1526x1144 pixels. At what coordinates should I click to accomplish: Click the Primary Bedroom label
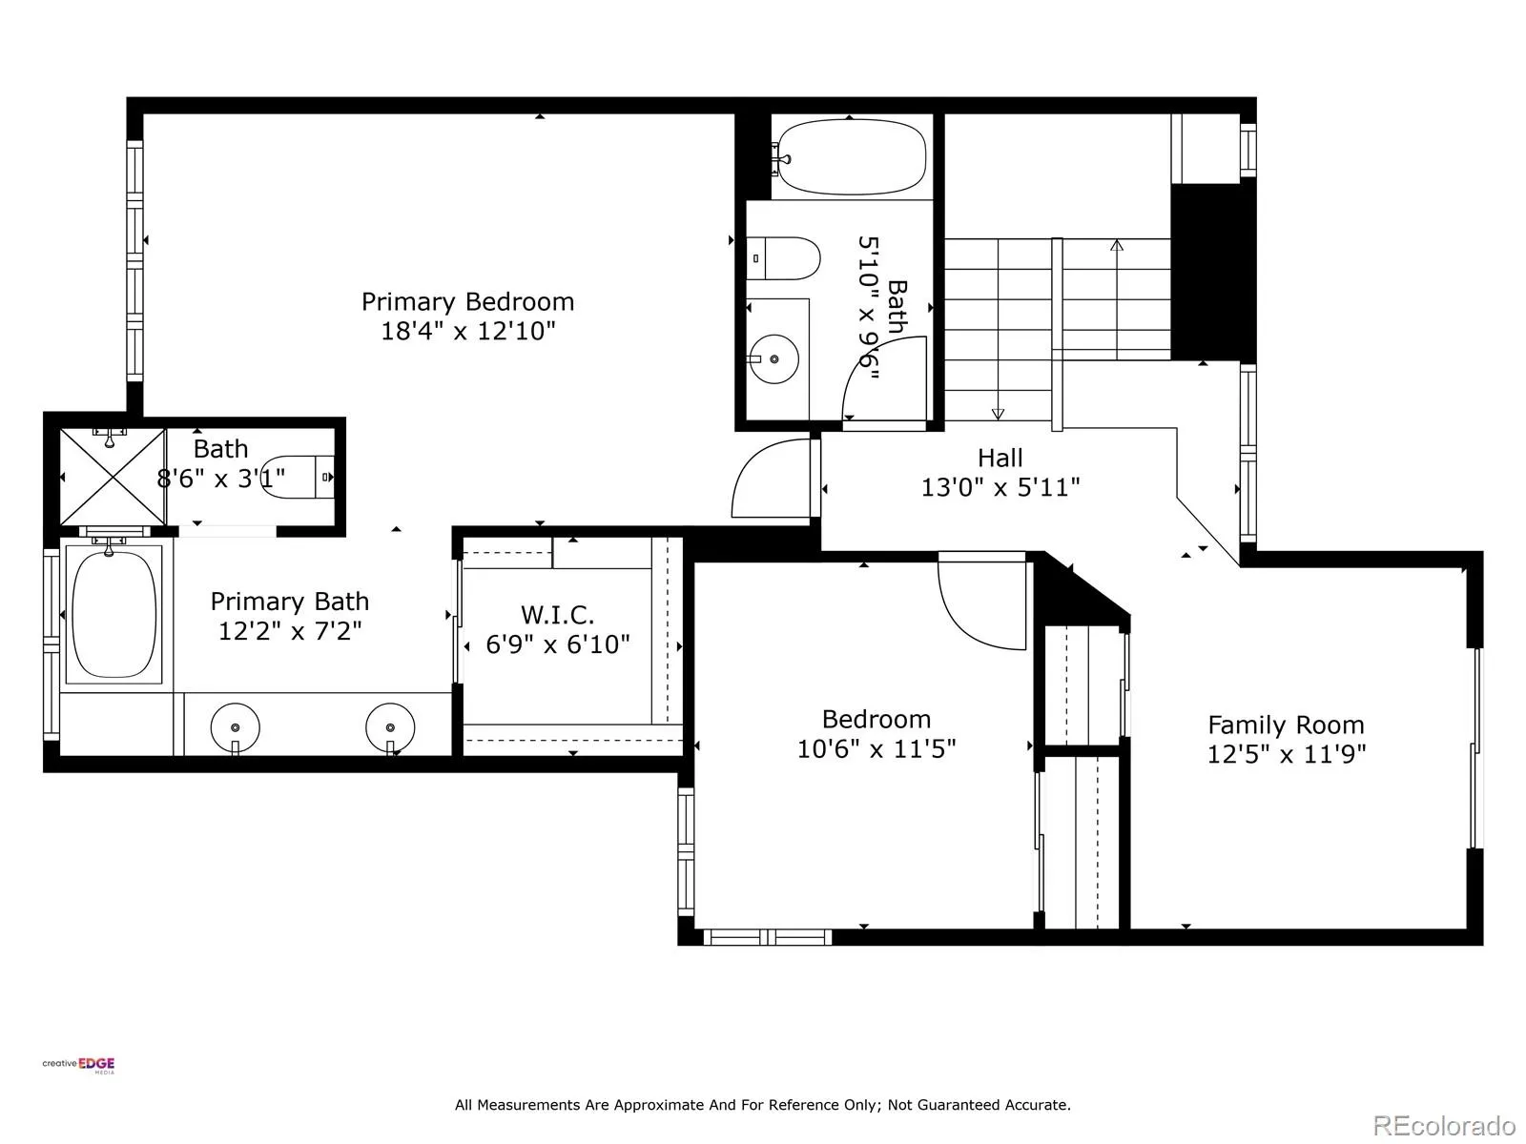pyautogui.click(x=467, y=301)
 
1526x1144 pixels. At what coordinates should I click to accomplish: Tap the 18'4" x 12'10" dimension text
pyautogui.click(x=467, y=331)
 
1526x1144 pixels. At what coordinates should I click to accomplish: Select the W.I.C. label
pyautogui.click(x=557, y=614)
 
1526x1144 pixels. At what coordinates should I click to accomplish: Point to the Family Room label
pyautogui.click(x=1286, y=725)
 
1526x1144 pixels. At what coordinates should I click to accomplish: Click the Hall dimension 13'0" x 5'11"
pyautogui.click(x=1000, y=487)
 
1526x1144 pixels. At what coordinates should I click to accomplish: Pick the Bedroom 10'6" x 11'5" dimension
pyautogui.click(x=876, y=748)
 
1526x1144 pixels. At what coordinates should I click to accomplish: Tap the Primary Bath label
pyautogui.click(x=289, y=601)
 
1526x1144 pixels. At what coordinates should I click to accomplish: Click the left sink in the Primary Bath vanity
pyautogui.click(x=235, y=728)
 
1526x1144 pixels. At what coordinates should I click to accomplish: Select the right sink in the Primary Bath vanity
pyautogui.click(x=390, y=728)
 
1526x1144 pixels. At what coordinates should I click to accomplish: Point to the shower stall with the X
pyautogui.click(x=113, y=477)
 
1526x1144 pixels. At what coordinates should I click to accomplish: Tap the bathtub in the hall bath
pyautogui.click(x=851, y=157)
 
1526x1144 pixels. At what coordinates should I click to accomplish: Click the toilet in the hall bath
pyautogui.click(x=784, y=258)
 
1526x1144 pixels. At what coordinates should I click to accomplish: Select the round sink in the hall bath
pyautogui.click(x=773, y=359)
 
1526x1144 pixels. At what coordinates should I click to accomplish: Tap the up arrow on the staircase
pyautogui.click(x=1117, y=299)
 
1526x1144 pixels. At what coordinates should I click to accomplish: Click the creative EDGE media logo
pyautogui.click(x=78, y=1065)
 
